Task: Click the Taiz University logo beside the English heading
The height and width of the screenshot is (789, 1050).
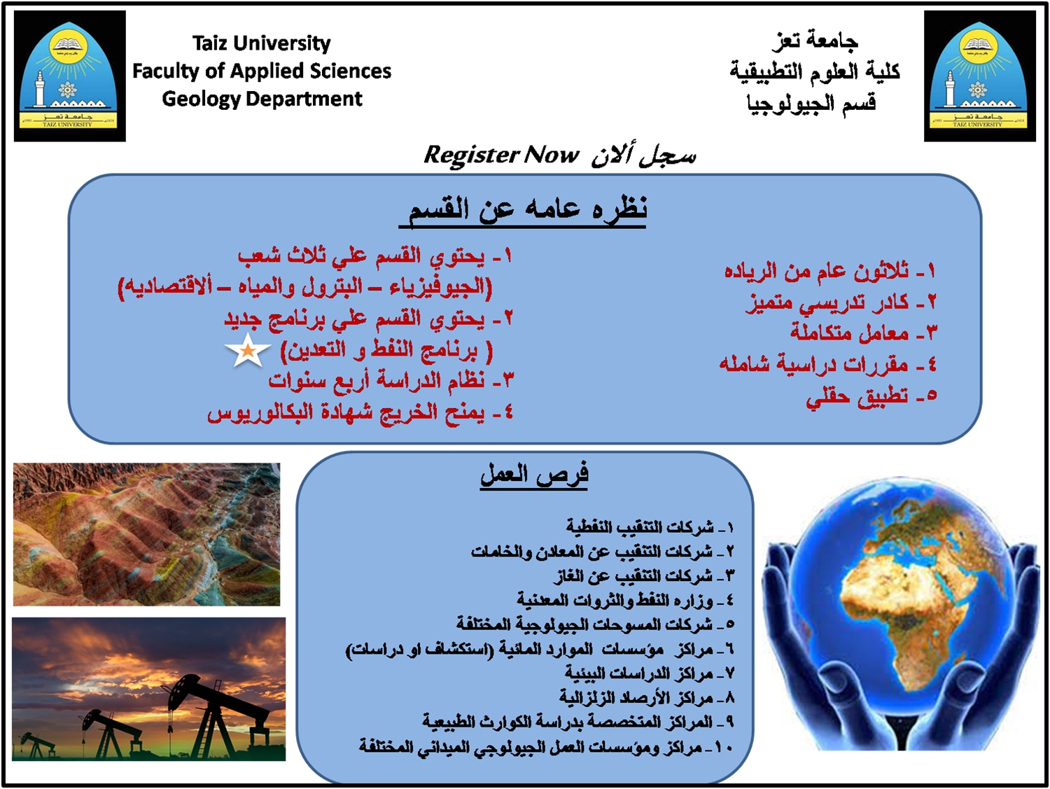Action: tap(70, 76)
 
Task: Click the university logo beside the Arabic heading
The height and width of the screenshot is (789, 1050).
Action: tap(980, 76)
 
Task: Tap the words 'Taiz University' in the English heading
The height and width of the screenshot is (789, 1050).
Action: tap(262, 43)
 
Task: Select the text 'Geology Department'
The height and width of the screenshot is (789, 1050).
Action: tap(262, 99)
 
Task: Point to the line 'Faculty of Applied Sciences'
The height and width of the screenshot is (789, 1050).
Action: tap(262, 71)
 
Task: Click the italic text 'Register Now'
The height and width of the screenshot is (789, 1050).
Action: tap(501, 155)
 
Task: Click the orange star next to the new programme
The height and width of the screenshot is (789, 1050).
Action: tap(248, 351)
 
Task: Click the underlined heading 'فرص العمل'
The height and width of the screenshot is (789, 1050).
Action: tap(534, 475)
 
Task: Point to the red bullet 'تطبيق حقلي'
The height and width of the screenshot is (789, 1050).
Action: tap(857, 397)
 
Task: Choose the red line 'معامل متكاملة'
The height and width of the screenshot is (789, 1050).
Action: tap(849, 333)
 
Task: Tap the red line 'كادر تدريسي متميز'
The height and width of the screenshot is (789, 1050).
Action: tap(827, 302)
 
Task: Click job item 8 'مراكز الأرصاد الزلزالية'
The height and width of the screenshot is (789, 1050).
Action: tap(637, 697)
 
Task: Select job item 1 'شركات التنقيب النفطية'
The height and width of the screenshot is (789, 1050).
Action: tap(640, 527)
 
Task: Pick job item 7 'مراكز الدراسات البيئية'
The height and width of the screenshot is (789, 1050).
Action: tap(639, 673)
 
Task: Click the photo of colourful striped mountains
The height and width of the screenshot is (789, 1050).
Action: tap(146, 534)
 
